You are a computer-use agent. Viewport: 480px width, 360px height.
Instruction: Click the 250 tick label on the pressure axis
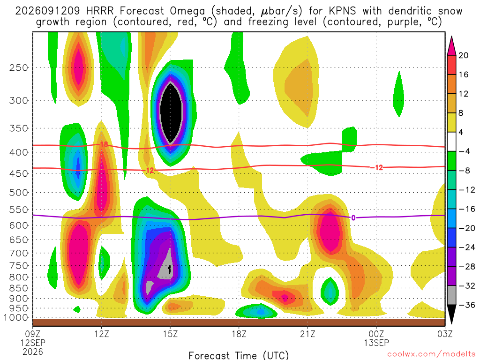pos(19,67)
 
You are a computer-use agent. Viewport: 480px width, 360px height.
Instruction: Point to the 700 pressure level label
pos(19,253)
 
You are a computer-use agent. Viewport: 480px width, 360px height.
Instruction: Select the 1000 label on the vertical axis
pos(16,317)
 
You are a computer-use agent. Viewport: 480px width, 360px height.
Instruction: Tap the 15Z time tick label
pos(170,334)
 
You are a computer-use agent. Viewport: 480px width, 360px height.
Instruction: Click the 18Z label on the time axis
pos(239,334)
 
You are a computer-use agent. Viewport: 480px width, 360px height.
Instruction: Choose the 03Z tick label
pos(445,334)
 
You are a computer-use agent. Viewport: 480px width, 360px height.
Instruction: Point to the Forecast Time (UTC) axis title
pos(239,355)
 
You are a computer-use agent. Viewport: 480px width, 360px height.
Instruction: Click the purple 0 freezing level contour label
pos(353,217)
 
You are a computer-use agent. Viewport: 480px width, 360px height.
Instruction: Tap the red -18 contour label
pos(103,144)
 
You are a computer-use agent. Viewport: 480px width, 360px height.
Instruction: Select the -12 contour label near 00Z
pos(376,167)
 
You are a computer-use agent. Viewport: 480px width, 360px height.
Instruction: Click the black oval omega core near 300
pos(171,113)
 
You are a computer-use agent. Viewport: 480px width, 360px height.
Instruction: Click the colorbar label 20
pos(463,55)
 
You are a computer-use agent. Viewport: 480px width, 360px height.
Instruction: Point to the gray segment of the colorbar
pos(451,295)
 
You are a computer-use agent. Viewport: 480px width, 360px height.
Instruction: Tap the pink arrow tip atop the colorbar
pos(451,37)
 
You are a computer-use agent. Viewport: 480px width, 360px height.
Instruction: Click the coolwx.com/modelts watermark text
pos(431,354)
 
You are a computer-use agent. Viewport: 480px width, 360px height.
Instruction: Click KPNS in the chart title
pos(342,11)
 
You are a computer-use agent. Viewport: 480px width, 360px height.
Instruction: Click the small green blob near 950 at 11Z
pos(77,309)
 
